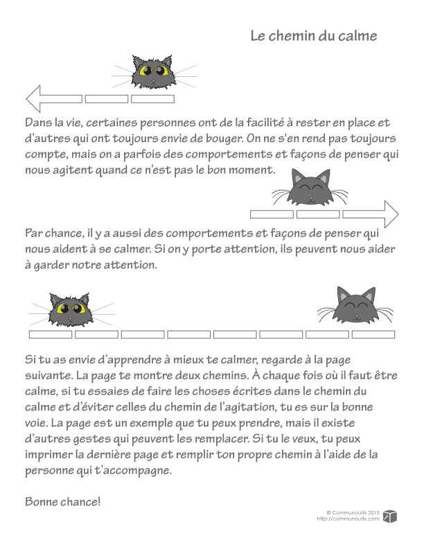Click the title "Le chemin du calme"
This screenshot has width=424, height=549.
pyautogui.click(x=314, y=36)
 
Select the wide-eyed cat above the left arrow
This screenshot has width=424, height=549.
pyautogui.click(x=153, y=72)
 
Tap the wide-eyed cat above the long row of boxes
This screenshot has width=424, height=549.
pyautogui.click(x=72, y=309)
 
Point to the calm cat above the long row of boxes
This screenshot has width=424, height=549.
pyautogui.click(x=355, y=305)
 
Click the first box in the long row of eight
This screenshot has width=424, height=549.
pyautogui.click(x=51, y=335)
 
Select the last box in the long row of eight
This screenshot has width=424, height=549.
pyautogui.click(x=373, y=335)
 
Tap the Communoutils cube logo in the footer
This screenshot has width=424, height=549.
pyautogui.click(x=391, y=515)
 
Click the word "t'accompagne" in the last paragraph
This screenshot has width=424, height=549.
pyautogui.click(x=132, y=471)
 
